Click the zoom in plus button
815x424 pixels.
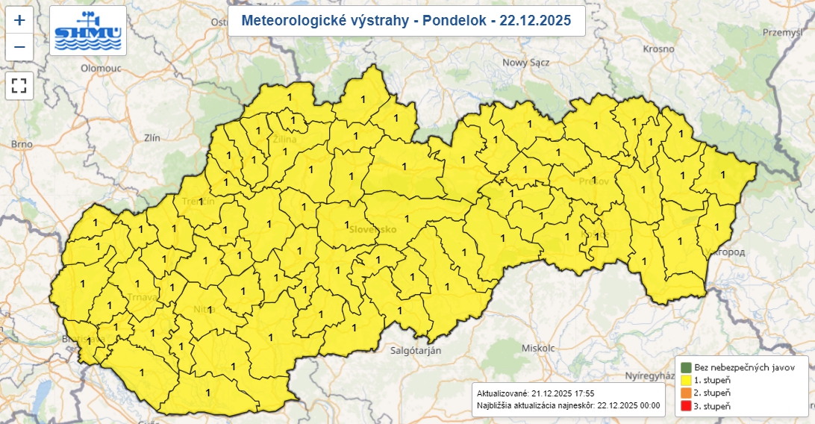[19, 20]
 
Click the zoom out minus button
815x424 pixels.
[19, 47]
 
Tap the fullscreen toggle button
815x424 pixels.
[19, 86]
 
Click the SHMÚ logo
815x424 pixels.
[89, 31]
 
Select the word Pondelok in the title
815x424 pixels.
[450, 21]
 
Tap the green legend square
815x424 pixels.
[685, 367]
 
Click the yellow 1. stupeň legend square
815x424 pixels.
[685, 380]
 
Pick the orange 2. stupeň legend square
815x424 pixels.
[685, 393]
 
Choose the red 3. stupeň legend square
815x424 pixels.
[685, 405]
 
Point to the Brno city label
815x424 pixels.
[23, 144]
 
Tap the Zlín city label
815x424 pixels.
[152, 137]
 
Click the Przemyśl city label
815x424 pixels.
[781, 32]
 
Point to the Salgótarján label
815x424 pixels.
[416, 350]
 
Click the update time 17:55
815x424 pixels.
[582, 393]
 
